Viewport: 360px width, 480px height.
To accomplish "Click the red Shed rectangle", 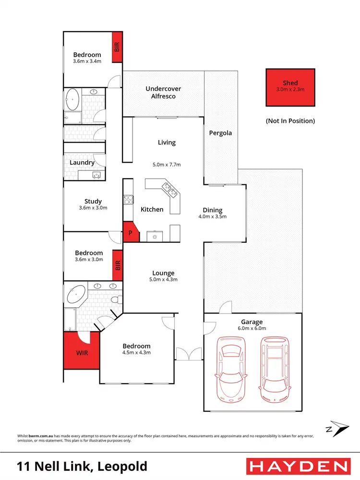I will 290,87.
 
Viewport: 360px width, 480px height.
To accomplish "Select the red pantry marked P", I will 130,233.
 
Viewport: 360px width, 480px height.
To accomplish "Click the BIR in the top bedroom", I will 117,47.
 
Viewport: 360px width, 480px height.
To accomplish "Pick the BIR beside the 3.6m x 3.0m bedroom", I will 117,265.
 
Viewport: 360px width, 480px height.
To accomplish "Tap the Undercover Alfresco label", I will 160,92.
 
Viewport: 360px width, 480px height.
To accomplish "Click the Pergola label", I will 220,132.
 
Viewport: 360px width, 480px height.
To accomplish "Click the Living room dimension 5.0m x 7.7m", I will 167,164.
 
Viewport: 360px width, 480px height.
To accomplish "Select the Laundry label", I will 82,162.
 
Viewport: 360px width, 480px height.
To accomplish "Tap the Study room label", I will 93,202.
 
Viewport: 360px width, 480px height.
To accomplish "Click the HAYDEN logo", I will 298,466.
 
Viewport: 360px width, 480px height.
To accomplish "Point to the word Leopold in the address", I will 122,466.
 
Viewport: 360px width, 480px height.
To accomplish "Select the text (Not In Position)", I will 290,121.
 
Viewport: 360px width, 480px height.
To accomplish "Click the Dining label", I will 212,210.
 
